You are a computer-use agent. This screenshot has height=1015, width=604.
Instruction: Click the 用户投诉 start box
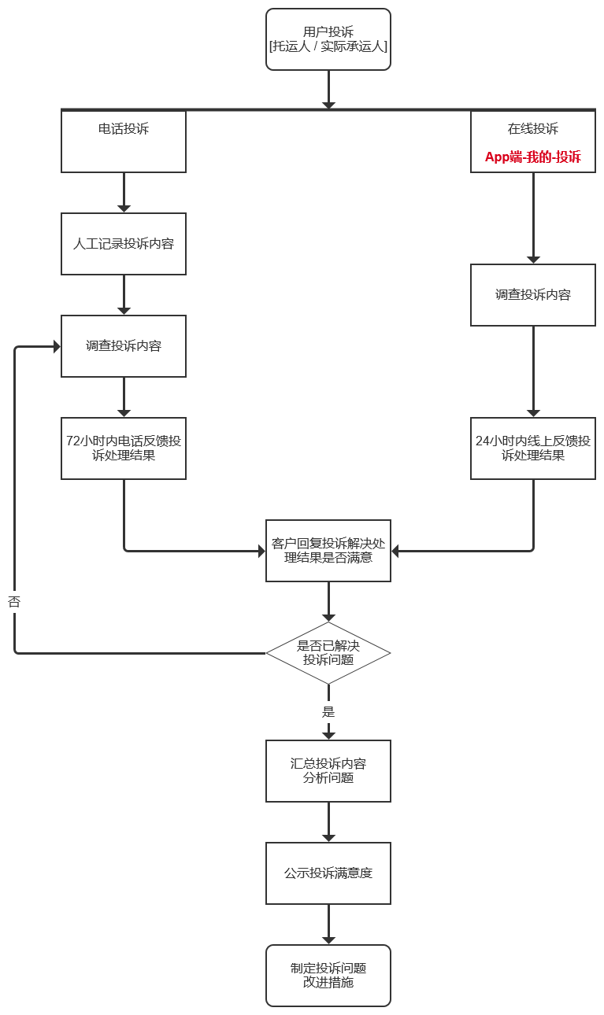coord(328,39)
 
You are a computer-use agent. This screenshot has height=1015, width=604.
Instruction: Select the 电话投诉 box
coord(124,141)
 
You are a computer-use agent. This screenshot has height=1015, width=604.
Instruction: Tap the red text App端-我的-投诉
coord(533,157)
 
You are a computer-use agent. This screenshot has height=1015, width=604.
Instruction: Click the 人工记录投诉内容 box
coord(124,244)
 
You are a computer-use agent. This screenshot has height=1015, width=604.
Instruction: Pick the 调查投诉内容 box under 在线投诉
coord(533,295)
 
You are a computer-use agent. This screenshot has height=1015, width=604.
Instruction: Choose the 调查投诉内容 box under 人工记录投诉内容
coord(124,346)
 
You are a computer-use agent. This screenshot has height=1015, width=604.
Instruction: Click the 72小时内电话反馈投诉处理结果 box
coord(124,448)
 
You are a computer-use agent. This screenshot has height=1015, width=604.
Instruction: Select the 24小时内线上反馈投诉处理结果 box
coord(533,448)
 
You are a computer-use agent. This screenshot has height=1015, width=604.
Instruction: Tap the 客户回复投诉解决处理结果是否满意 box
coord(328,551)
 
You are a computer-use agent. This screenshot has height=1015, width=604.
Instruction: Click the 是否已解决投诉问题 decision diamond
coord(328,653)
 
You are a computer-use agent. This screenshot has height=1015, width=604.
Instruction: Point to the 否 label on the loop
coord(14,602)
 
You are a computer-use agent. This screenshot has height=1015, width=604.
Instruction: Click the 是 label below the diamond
coord(328,712)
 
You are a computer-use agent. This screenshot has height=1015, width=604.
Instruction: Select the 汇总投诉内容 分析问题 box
coord(328,771)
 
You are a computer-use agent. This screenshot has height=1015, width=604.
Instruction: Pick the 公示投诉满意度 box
coord(328,873)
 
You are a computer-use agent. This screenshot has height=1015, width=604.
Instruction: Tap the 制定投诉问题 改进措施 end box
coord(328,976)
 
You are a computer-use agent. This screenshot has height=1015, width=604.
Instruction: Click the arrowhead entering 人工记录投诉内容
coord(124,208)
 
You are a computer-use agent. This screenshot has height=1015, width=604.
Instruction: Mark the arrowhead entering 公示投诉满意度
coord(328,837)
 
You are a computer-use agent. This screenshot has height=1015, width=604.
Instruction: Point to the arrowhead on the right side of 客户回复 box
coord(396,551)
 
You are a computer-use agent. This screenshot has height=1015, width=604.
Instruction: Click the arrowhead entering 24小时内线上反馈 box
coord(533,412)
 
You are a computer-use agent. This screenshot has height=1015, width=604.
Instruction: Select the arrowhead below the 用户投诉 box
coord(328,105)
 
